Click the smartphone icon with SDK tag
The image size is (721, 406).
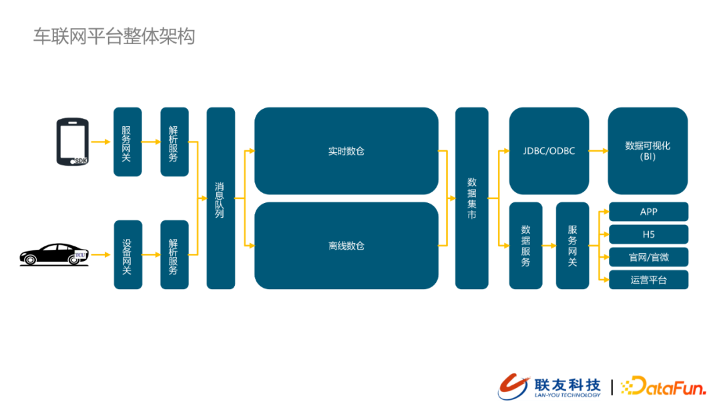72,142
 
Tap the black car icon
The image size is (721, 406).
54,254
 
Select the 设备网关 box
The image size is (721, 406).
128,254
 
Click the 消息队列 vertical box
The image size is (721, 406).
221,198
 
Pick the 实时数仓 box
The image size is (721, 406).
346,151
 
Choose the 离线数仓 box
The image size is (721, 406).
346,246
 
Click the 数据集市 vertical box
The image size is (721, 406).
472,198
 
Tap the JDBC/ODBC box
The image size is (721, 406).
549,151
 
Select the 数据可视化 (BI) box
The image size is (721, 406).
648,151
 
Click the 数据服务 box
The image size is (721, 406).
525,246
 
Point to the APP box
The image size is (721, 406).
648,212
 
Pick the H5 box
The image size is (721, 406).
648,234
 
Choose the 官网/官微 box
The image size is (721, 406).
648,257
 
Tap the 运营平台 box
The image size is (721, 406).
648,280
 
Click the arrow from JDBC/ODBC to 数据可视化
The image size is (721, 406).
598,151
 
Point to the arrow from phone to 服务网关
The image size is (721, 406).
101,142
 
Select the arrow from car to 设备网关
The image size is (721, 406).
101,254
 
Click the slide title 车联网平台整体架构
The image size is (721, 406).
114,36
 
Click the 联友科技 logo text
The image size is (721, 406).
567,385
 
